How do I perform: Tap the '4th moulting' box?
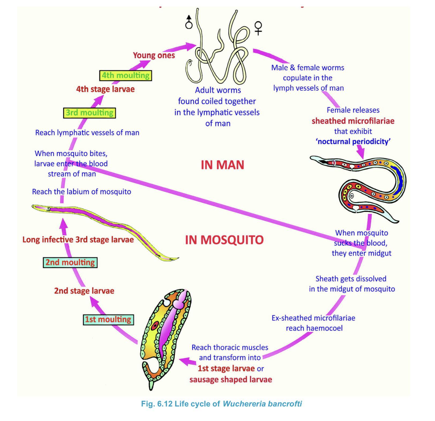tap(126, 76)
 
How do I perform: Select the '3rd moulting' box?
tap(89, 113)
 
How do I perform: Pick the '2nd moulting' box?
tap(70, 262)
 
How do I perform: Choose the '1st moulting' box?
tap(108, 319)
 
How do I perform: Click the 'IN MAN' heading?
tap(223, 165)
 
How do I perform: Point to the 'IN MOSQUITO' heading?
tap(224, 240)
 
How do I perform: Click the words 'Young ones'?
tap(154, 55)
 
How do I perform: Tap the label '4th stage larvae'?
tap(106, 89)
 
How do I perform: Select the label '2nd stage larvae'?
tap(84, 291)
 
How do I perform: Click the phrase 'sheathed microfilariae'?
tap(353, 121)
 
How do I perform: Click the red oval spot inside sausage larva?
tap(155, 326)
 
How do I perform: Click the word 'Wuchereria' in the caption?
tap(244, 404)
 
